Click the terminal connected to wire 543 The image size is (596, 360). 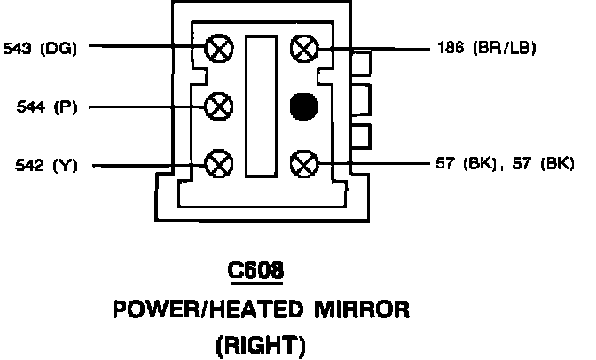[x=218, y=48]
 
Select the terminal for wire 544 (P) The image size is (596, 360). [x=218, y=106]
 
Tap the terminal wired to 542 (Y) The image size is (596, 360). [x=218, y=164]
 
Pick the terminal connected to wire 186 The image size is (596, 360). [x=304, y=48]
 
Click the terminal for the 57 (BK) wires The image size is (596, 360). [x=304, y=164]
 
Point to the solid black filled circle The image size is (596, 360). [x=304, y=106]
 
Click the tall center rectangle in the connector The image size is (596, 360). [x=262, y=106]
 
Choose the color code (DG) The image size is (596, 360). [x=59, y=48]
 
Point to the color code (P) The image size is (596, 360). [x=66, y=107]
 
